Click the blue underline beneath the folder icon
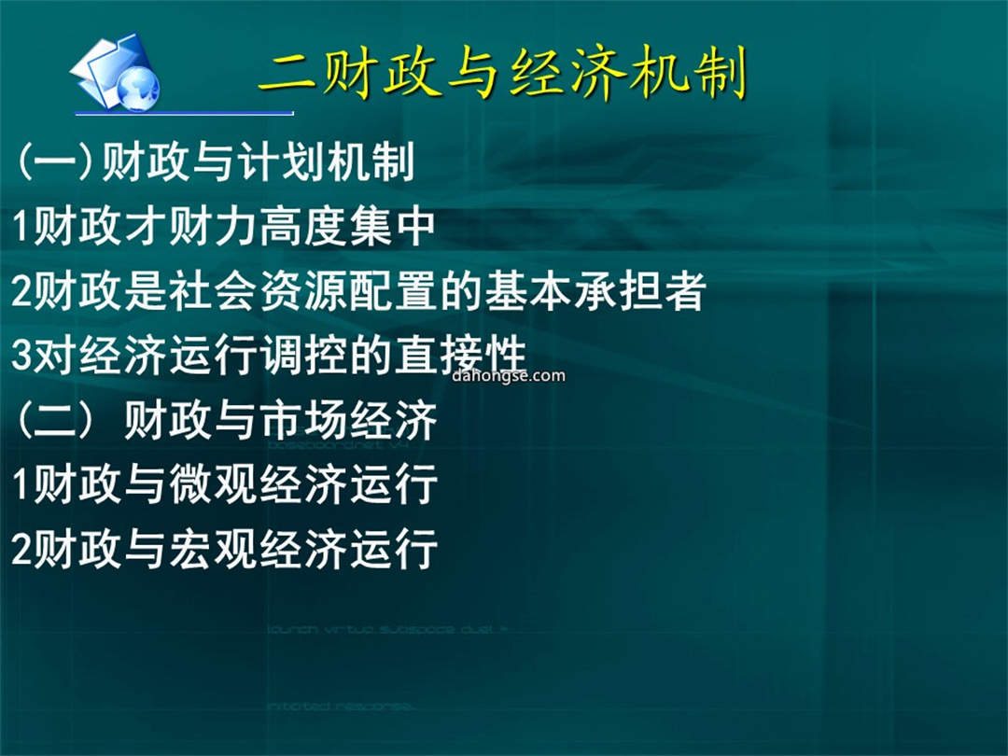click(184, 113)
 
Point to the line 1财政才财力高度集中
click(223, 226)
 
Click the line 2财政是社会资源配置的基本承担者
click(358, 290)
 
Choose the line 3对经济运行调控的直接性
click(269, 355)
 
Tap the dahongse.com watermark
click(509, 375)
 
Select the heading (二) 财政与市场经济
click(226, 420)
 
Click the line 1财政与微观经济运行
click(224, 484)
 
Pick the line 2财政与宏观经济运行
click(224, 549)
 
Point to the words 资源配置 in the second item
click(348, 290)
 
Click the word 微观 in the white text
click(213, 484)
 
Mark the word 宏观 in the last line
click(213, 549)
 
